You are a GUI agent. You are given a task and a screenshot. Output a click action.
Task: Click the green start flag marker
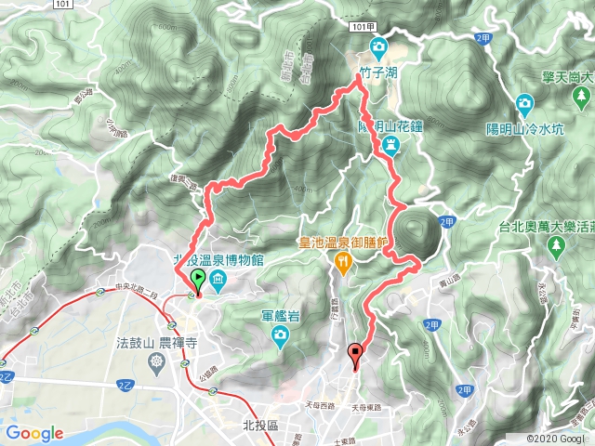click(x=198, y=280)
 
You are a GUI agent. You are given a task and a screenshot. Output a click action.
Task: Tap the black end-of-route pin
click(x=355, y=352)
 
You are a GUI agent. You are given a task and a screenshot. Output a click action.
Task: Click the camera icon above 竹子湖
click(x=378, y=46)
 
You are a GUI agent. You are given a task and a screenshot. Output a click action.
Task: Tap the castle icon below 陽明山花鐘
click(x=391, y=143)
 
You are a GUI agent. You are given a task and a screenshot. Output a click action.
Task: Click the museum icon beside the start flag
click(x=217, y=280)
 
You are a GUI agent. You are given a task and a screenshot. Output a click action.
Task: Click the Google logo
click(x=34, y=433)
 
